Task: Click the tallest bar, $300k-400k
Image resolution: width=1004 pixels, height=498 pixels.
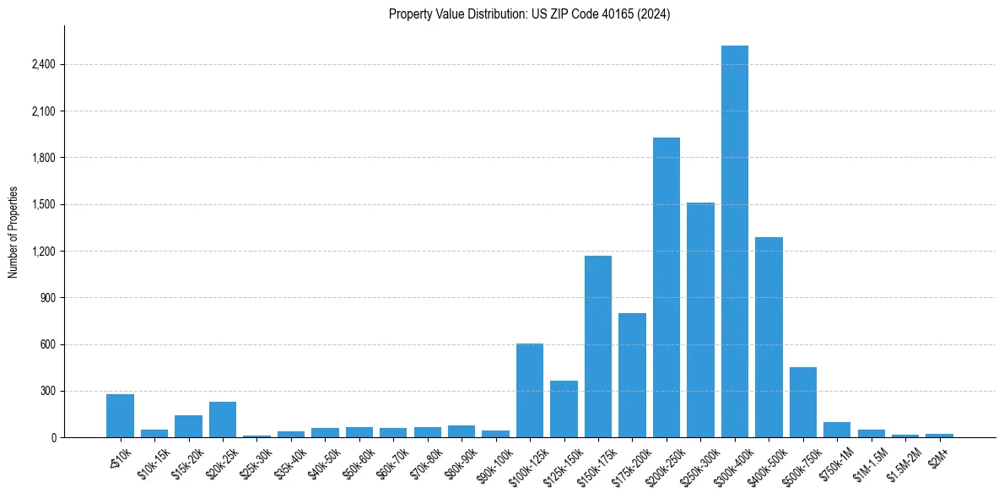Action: coord(735,241)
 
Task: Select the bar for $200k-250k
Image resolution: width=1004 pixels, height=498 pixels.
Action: coord(667,287)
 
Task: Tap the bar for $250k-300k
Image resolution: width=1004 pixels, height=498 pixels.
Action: coord(700,320)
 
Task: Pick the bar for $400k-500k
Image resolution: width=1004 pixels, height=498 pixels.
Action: coord(769,338)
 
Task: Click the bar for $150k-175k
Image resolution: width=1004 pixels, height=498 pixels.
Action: coord(598,346)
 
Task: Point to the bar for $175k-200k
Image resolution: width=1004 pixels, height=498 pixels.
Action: coord(632,376)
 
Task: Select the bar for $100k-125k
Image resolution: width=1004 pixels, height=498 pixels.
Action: coord(530,391)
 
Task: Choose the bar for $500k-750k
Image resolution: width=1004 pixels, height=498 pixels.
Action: coord(803,403)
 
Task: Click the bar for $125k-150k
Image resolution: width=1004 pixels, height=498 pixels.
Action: coord(564,409)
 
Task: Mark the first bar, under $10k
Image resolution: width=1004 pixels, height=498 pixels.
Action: coord(120,416)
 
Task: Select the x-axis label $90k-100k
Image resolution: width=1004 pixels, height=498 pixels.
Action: coord(493,463)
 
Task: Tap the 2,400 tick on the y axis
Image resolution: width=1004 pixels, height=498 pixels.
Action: coord(44,64)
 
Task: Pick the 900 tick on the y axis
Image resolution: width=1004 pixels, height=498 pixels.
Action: coord(49,298)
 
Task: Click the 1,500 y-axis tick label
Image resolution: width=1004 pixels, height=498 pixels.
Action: coord(44,204)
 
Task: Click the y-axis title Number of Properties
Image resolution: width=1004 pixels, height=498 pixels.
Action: coord(13,232)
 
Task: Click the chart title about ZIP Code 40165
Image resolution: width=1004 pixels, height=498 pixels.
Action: coord(529,14)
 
